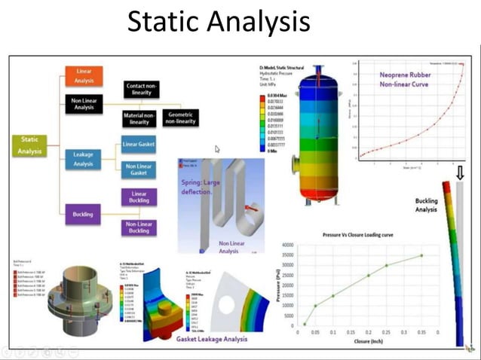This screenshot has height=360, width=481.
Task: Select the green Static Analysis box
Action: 31,145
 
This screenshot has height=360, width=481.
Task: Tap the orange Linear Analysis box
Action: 84,75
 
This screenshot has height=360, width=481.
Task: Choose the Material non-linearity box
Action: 137,118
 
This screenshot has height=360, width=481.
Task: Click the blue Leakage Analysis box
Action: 84,158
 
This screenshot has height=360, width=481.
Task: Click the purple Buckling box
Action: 84,214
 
